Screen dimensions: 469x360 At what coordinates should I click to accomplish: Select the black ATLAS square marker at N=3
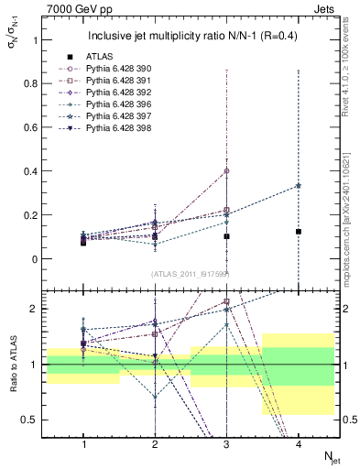(x=225, y=236)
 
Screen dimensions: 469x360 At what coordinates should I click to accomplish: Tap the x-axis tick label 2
(x=154, y=444)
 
